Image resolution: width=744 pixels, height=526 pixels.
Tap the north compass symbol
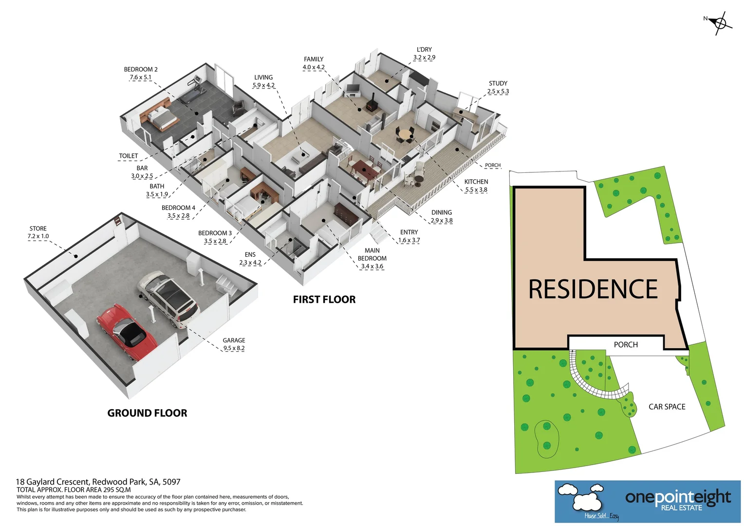click(x=720, y=23)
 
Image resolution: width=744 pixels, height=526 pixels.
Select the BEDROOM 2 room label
click(x=141, y=69)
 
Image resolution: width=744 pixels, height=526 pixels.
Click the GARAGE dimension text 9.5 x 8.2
click(x=234, y=348)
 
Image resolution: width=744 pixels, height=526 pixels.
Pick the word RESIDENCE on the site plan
click(x=593, y=289)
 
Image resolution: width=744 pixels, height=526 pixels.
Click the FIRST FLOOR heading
click(x=324, y=300)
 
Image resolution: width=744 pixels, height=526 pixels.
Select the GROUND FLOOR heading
click(x=147, y=413)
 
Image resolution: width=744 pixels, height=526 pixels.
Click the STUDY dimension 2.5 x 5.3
click(x=498, y=92)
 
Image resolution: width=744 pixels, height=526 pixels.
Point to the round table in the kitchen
click(x=405, y=135)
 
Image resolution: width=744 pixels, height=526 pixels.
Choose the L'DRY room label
click(x=424, y=49)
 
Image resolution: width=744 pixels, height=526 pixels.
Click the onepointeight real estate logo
click(x=647, y=502)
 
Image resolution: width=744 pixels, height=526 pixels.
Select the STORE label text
click(x=38, y=228)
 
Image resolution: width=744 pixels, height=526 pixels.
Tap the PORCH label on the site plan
click(x=626, y=344)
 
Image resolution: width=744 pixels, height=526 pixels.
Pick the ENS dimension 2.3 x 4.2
click(x=250, y=263)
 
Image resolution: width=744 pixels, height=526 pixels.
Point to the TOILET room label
click(x=129, y=155)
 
